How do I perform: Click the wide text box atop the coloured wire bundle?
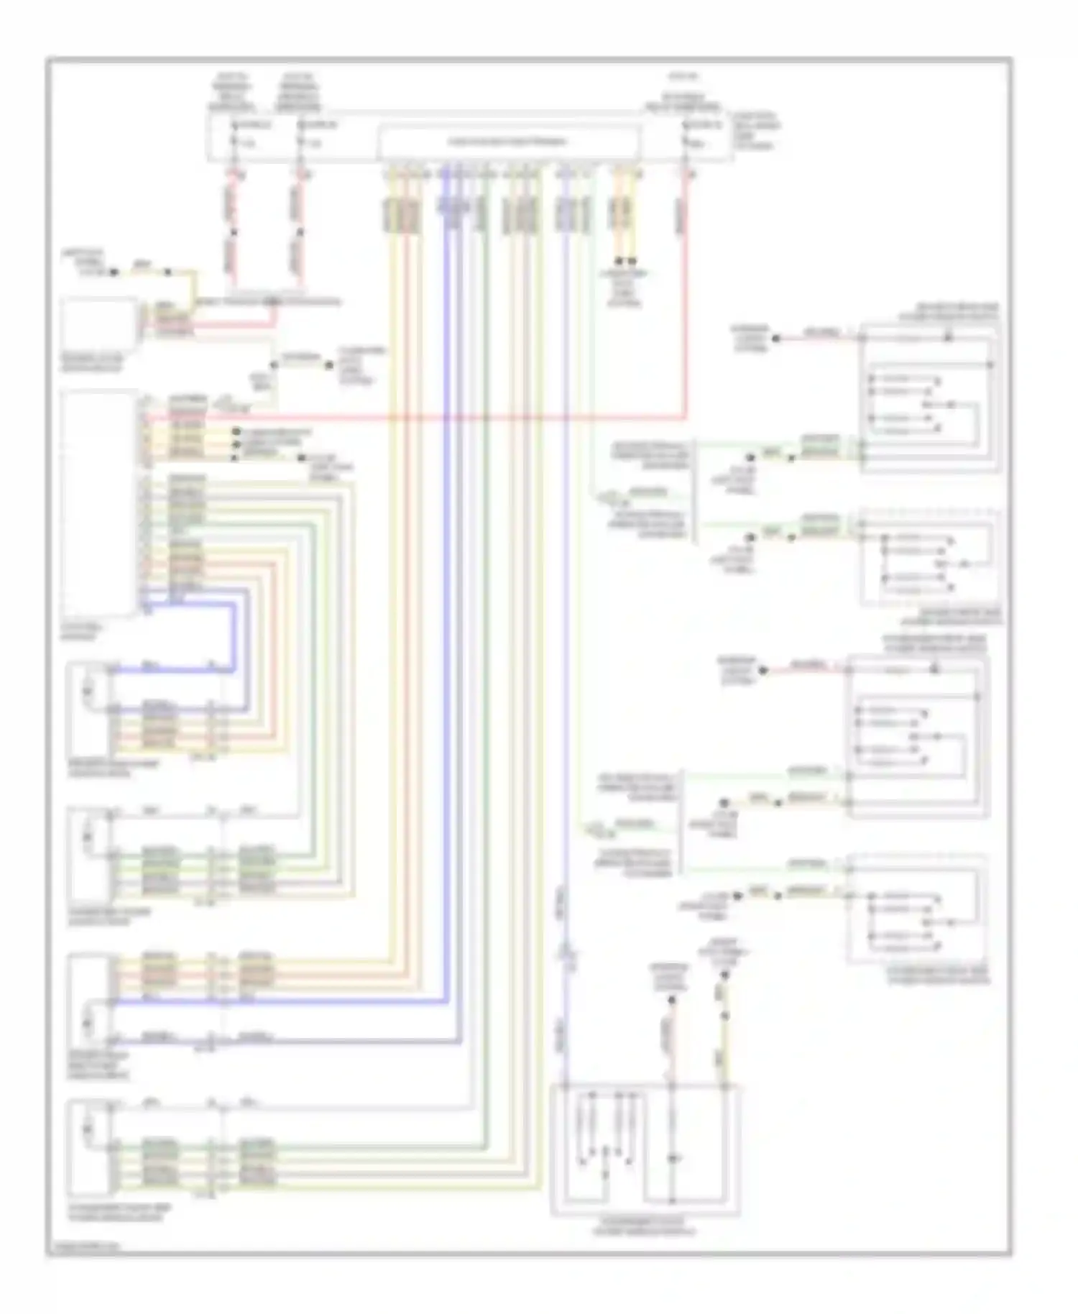tap(508, 142)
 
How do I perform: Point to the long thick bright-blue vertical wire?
tap(446, 575)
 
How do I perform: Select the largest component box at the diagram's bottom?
tap(645, 1149)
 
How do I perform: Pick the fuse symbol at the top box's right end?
tap(686, 134)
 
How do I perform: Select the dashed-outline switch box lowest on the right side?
tap(917, 909)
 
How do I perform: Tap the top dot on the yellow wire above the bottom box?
tap(724, 975)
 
